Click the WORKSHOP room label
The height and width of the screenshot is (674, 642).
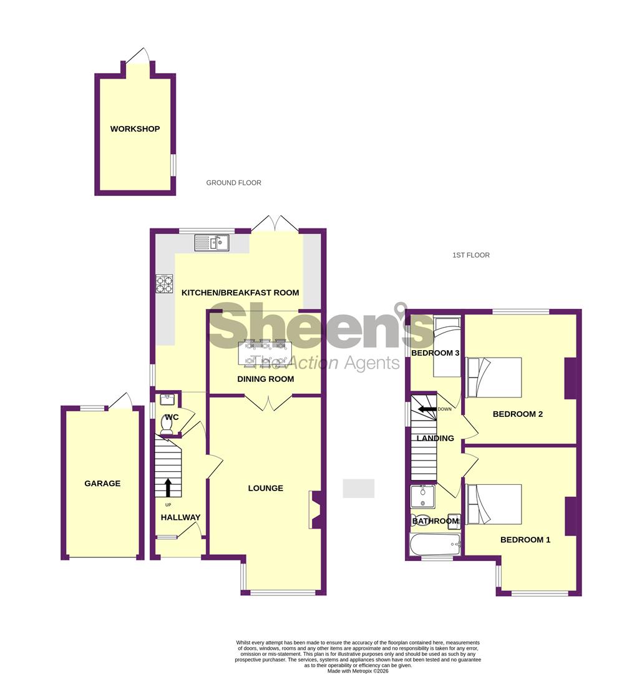point(135,129)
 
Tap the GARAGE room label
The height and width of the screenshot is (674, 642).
point(102,483)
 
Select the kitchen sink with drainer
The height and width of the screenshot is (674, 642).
point(212,242)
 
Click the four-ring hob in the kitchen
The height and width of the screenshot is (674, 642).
point(164,284)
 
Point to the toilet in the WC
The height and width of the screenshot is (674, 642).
point(167,424)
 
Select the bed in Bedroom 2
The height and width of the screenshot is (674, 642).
point(494,378)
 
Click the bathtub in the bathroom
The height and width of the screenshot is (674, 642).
point(434,544)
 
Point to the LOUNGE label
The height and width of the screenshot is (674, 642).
point(265,488)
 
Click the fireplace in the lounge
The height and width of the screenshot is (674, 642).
point(316,510)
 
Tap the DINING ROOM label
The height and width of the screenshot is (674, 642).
point(265,379)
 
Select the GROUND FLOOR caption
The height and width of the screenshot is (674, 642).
point(233,183)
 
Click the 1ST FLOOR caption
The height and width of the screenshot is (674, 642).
point(470,255)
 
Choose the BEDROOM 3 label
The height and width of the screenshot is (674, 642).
point(435,353)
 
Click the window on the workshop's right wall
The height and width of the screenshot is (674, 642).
point(173,165)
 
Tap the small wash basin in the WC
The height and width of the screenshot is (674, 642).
point(167,398)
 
